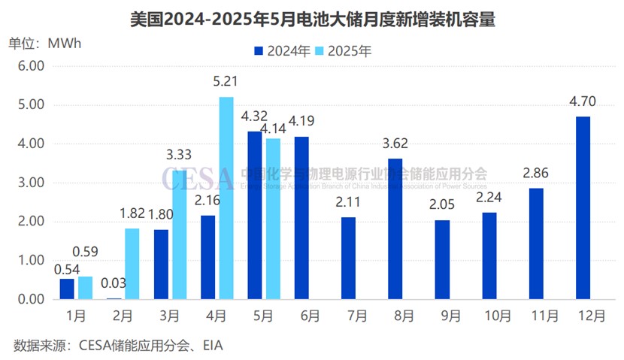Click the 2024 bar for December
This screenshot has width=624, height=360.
pyautogui.click(x=583, y=208)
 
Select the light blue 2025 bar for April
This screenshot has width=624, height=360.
pyautogui.click(x=226, y=198)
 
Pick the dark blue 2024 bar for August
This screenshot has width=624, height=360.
pyautogui.click(x=395, y=229)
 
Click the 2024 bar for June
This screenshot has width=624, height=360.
pyautogui.click(x=301, y=218)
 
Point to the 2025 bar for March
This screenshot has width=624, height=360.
pyautogui.click(x=179, y=234)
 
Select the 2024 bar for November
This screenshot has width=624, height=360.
pyautogui.click(x=536, y=244)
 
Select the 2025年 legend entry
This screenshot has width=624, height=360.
pyautogui.click(x=345, y=51)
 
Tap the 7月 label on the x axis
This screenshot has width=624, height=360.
pyautogui.click(x=348, y=316)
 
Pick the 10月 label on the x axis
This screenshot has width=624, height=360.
pyautogui.click(x=489, y=316)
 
